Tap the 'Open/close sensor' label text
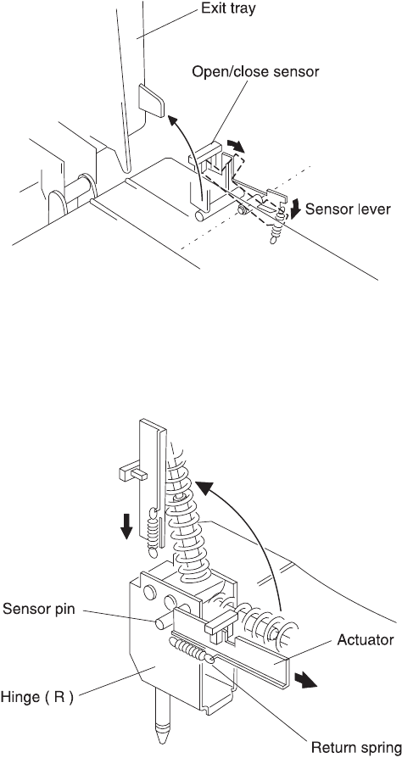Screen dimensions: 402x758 [x=256, y=71]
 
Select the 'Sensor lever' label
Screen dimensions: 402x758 [x=348, y=209]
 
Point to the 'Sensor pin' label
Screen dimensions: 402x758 [x=39, y=610]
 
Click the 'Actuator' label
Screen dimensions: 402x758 [x=366, y=639]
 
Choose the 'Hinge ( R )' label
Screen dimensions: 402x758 [x=37, y=698]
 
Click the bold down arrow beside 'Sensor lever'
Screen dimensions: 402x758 [x=296, y=209]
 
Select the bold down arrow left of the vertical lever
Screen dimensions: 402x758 [x=126, y=526]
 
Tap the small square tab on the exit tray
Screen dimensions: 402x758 [x=151, y=99]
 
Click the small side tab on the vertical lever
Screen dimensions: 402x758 [x=132, y=471]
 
